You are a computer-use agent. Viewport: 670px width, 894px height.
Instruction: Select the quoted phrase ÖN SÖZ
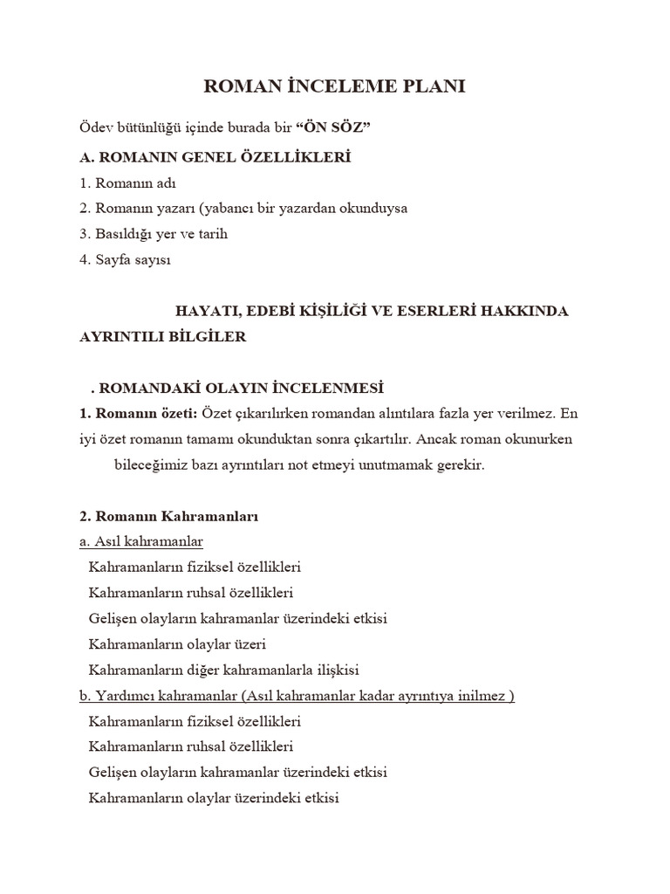(x=333, y=128)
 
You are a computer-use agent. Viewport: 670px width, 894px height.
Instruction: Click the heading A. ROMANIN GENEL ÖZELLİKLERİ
(x=215, y=156)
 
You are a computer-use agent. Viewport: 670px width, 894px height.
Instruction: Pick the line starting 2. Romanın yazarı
(x=243, y=209)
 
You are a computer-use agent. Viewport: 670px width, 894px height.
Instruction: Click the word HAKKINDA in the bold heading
(x=528, y=311)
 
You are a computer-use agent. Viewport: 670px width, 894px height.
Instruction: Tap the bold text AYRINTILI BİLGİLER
(x=163, y=337)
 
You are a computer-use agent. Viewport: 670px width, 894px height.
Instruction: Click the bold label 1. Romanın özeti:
(x=139, y=413)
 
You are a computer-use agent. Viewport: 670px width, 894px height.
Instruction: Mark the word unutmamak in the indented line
(x=389, y=465)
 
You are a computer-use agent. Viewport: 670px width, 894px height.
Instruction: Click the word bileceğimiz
(x=153, y=465)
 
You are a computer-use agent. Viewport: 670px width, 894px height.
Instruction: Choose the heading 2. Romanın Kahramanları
(x=168, y=516)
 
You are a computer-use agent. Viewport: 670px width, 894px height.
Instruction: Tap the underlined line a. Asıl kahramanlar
(x=140, y=542)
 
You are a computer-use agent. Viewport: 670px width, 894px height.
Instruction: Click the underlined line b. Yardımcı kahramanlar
(x=297, y=696)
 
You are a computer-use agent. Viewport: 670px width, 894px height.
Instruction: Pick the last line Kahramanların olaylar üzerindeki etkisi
(x=214, y=797)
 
